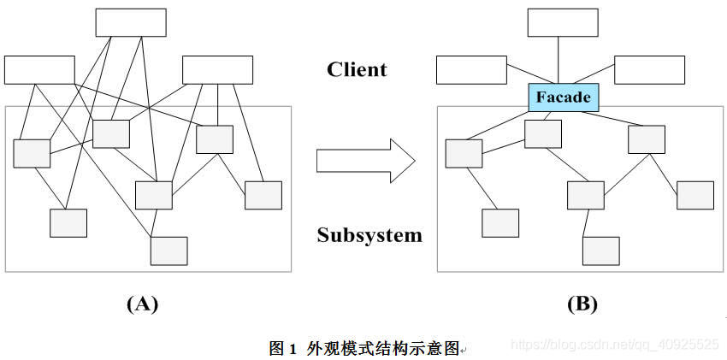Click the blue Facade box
(563, 97)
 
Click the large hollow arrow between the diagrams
(364, 162)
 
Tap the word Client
(357, 69)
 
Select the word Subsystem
(369, 234)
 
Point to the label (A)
(142, 304)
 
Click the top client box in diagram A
(130, 23)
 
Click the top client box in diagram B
(562, 23)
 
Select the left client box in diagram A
(39, 70)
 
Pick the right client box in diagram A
(217, 70)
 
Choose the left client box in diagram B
(471, 70)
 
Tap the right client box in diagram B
(649, 70)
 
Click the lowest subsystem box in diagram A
(168, 251)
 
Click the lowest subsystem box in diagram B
(601, 251)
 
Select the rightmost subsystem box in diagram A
(263, 195)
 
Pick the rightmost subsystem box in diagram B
(695, 195)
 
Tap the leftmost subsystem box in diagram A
(32, 153)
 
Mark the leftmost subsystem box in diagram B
(464, 153)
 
